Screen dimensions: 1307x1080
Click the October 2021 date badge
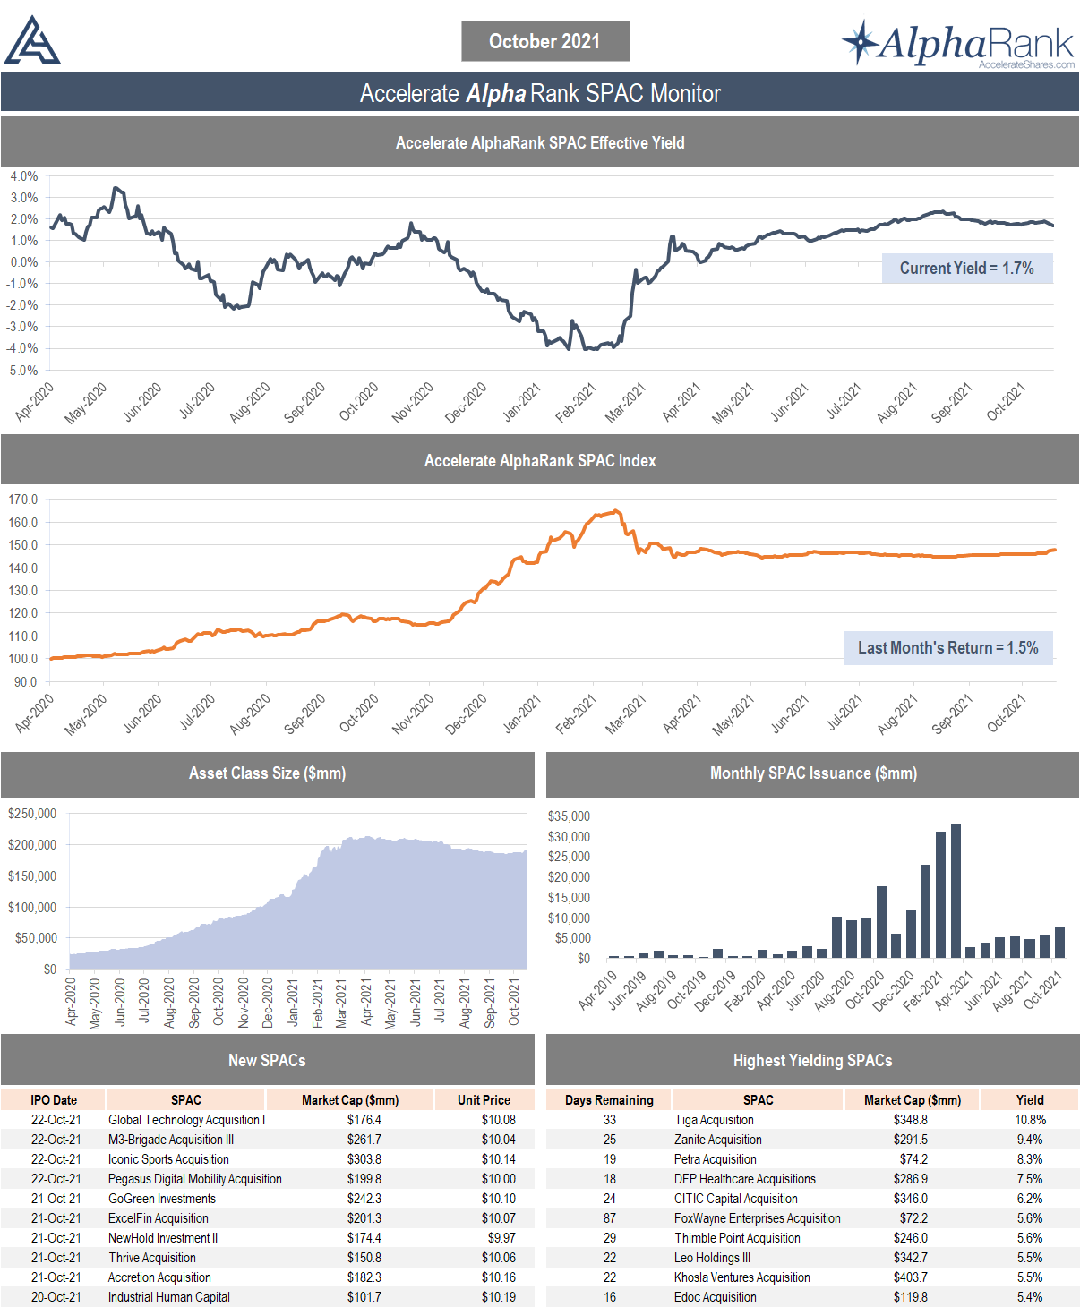tap(544, 41)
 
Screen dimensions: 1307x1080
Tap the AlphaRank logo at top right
tap(958, 43)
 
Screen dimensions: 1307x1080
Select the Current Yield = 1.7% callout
tap(966, 269)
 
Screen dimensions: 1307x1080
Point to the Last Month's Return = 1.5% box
tap(947, 648)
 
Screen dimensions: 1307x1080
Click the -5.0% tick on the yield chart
tap(24, 370)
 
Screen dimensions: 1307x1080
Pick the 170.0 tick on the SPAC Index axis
tap(23, 500)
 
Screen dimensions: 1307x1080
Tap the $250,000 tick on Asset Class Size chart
tap(32, 814)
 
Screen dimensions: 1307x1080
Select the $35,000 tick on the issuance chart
tap(569, 816)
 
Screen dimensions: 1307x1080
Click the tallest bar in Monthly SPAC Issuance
tap(956, 890)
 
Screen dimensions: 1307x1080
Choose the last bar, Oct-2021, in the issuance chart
tap(1059, 943)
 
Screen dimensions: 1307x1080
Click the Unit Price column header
tap(484, 1100)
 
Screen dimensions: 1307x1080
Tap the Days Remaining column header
tap(609, 1100)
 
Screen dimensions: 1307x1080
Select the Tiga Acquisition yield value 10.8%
tap(1030, 1120)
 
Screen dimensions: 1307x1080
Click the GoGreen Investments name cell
tap(162, 1199)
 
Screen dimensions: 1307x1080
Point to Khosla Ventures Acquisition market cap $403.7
tap(910, 1277)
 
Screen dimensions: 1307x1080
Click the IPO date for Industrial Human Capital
tap(56, 1297)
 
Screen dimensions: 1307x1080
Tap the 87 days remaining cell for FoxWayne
tap(609, 1218)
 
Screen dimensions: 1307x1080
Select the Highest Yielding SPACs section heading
tap(812, 1061)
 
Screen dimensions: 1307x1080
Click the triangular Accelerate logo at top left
tap(32, 42)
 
